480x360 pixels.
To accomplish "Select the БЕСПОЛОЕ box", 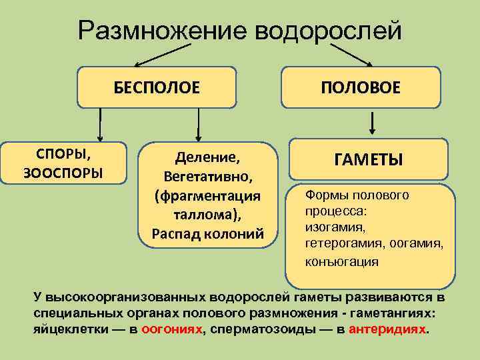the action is click(x=157, y=87).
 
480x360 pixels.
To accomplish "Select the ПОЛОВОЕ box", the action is click(x=361, y=87).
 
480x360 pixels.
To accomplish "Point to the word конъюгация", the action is click(x=341, y=261).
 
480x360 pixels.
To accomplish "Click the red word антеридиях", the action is click(x=386, y=330).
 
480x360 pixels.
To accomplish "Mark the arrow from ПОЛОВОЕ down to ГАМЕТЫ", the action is click(x=372, y=123).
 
